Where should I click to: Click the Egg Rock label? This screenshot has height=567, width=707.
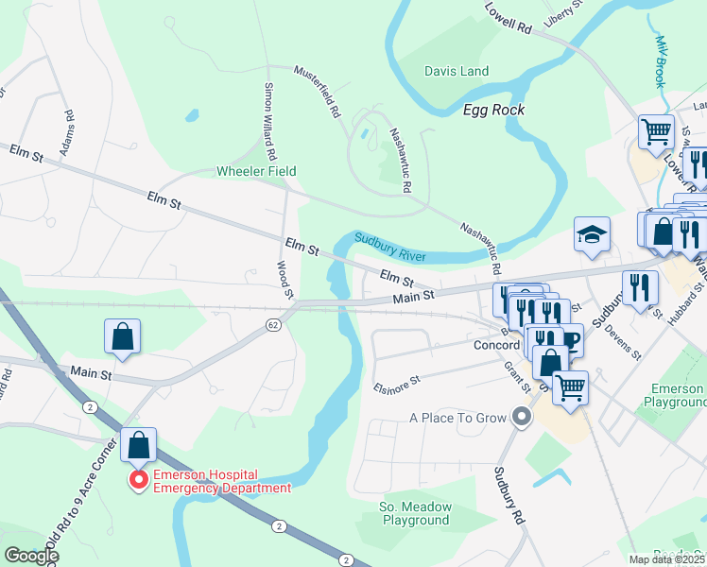[x=493, y=110]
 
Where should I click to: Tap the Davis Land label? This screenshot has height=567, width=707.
[x=457, y=71]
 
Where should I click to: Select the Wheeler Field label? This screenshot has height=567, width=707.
[x=256, y=171]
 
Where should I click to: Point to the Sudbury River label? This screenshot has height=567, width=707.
[x=389, y=247]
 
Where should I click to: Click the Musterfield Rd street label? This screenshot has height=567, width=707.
[x=317, y=91]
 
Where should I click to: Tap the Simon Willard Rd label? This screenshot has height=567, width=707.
[x=269, y=120]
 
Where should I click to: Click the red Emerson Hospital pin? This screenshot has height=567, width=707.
[x=139, y=481]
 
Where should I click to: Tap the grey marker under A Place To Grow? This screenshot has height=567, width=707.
[x=519, y=416]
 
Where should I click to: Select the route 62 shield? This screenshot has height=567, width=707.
[x=273, y=324]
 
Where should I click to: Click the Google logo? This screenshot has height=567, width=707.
[x=30, y=556]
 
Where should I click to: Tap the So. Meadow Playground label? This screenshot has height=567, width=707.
[x=415, y=513]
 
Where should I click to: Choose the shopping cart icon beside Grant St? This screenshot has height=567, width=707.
[x=569, y=387]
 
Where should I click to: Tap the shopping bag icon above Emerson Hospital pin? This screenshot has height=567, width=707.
[x=138, y=446]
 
